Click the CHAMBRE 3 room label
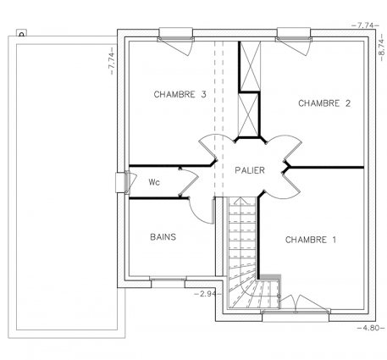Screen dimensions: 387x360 (180, 94)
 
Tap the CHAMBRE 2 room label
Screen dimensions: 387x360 (324, 103)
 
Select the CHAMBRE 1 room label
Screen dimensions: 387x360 (311, 240)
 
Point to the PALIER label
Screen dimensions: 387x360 (250, 170)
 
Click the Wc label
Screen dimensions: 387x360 (154, 182)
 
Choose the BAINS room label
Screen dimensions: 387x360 (163, 236)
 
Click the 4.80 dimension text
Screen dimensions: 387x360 (371, 328)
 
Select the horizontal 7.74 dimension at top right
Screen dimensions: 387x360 (365, 25)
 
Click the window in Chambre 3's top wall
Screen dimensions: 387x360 (176, 34)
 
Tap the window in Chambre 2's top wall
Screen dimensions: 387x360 (294, 34)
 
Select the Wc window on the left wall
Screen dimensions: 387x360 (123, 183)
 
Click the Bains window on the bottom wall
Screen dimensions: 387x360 (168, 282)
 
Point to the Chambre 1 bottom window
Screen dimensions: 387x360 (296, 316)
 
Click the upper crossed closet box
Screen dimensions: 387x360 (250, 66)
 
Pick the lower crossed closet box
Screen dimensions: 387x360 (248, 115)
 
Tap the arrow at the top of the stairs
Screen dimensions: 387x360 (240, 201)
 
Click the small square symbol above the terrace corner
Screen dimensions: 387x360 (21, 33)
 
